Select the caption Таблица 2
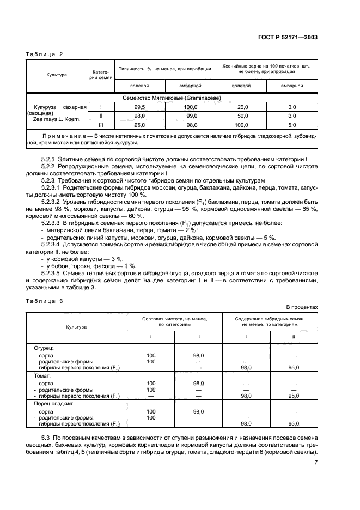(x=46, y=54)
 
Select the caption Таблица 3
(x=46, y=300)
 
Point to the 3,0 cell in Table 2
(x=292, y=116)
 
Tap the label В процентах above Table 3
(x=304, y=307)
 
